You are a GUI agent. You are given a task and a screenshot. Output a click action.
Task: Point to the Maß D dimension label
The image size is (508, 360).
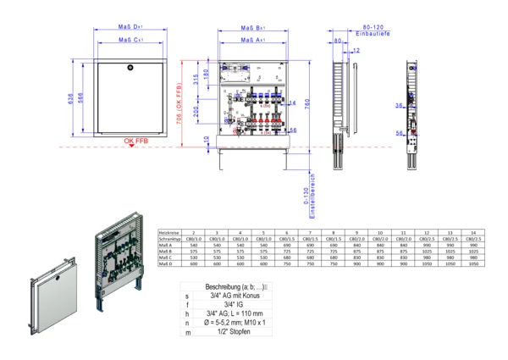130,26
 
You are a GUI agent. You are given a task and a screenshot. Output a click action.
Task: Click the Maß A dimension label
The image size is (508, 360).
251,39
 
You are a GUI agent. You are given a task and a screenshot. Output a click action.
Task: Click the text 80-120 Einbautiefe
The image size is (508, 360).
371,30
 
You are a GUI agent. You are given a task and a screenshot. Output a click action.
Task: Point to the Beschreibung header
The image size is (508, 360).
239,289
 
